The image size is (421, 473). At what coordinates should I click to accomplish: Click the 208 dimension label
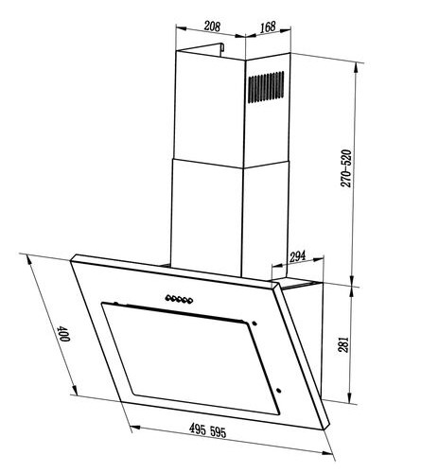coord(212,26)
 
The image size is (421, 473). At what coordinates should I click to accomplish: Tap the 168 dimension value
coord(268,26)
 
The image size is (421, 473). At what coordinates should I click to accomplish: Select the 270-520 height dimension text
coord(346,168)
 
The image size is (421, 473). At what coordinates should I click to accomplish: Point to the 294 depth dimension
coord(298,257)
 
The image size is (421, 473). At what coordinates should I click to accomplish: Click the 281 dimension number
coord(344,344)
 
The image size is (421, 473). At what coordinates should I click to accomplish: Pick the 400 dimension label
coord(62,334)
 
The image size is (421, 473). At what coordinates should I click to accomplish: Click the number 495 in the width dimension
coord(198,429)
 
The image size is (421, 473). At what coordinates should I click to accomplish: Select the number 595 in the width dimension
coord(218,432)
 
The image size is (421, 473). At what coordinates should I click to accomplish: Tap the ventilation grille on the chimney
coord(266,87)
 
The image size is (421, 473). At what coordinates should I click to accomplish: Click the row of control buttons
coord(179,299)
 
